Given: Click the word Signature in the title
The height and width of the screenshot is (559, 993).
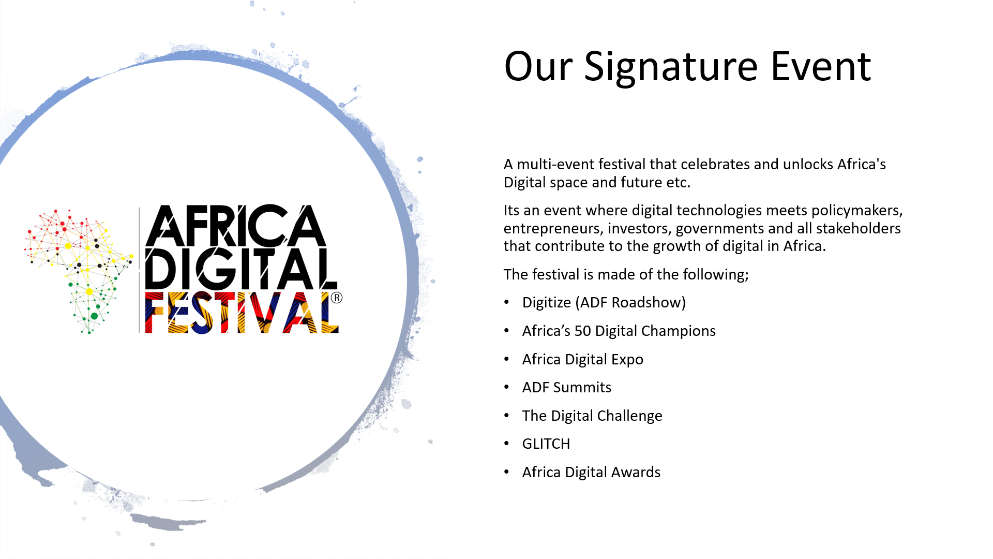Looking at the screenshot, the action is tap(671, 67).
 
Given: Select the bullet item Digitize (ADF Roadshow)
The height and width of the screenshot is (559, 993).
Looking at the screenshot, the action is tap(604, 302).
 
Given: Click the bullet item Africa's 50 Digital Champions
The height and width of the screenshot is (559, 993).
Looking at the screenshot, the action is tap(619, 331).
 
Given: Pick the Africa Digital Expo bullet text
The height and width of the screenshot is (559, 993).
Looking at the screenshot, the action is tap(583, 359).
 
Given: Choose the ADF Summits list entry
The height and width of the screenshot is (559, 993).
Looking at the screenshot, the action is tap(567, 387).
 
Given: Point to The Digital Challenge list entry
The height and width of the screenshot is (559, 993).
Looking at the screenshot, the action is tap(592, 416).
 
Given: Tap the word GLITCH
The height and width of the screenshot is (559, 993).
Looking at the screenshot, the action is tap(546, 444).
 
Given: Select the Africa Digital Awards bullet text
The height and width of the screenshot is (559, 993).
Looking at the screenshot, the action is tap(592, 472).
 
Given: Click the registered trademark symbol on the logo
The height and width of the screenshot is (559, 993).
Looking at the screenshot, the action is tap(337, 298).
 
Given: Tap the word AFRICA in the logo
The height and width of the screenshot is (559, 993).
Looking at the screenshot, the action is tap(236, 226).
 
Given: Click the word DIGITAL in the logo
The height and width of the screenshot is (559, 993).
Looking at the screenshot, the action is tap(241, 269).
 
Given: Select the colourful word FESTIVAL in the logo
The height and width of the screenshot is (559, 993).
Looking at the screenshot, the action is tap(242, 313).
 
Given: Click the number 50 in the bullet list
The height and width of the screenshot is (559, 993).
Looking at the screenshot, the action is tap(583, 331).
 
